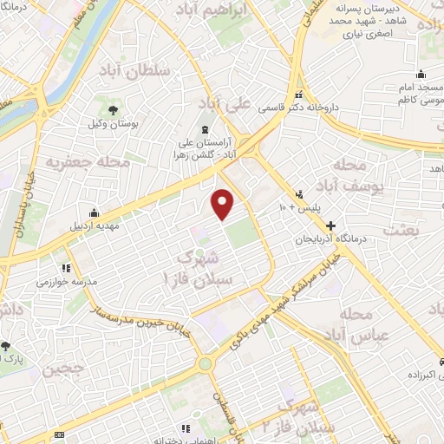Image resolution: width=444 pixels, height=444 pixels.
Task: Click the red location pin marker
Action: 223,203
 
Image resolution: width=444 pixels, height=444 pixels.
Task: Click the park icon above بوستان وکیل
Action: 113,109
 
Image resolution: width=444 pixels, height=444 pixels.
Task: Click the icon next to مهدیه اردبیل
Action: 94,213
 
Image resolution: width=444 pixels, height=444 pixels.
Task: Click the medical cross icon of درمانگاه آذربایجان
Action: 330,225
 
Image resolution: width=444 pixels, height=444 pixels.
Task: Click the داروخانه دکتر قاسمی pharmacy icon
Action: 300,95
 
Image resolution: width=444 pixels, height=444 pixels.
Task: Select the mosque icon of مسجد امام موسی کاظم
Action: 421,73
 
